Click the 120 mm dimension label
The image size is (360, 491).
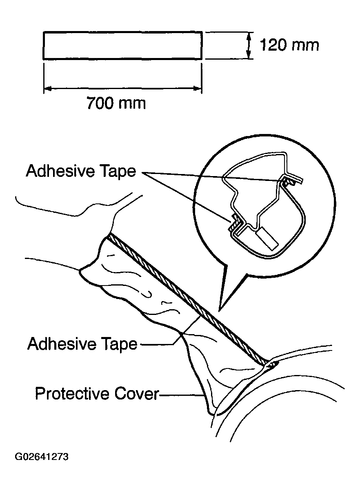(x=289, y=45)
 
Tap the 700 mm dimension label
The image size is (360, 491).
(x=116, y=103)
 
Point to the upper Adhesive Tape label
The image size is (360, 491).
(x=81, y=171)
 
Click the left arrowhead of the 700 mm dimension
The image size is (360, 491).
(x=47, y=89)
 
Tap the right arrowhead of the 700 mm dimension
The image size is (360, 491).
(x=198, y=89)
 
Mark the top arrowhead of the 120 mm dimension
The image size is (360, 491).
(x=248, y=37)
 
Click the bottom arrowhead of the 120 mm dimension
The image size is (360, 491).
(x=248, y=55)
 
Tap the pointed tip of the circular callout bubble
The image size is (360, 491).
(x=220, y=311)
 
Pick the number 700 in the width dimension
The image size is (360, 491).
(x=100, y=103)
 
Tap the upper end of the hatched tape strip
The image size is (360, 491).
(x=109, y=236)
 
